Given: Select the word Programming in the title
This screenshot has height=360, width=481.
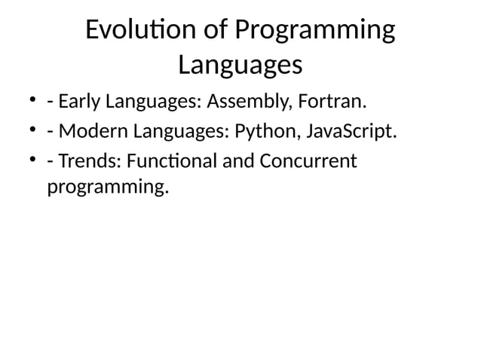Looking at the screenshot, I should pos(314,32).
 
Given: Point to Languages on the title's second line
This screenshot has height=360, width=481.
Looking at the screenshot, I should pos(240,66).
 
